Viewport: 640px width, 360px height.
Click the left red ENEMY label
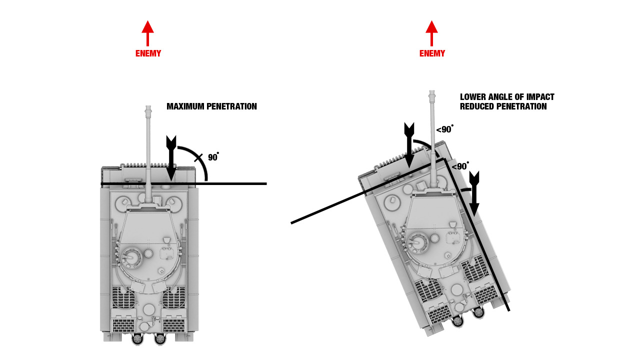148,53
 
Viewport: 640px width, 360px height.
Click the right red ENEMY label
432,53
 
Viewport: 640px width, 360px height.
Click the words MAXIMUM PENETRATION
211,106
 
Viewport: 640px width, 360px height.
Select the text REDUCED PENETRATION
503,106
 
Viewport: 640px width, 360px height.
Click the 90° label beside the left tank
213,157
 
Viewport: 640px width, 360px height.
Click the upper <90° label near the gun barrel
444,129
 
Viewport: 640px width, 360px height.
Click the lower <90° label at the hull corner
460,166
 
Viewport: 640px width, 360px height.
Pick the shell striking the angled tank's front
409,143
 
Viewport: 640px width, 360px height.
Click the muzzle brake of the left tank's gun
147,110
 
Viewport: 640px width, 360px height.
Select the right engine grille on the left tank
173,299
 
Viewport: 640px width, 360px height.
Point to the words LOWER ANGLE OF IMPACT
507,97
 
